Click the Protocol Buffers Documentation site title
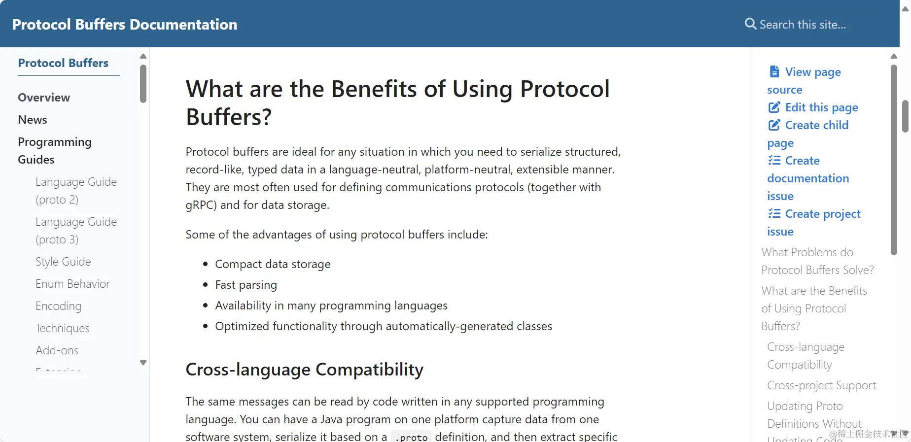(125, 24)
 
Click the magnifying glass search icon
(750, 24)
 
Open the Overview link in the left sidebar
(44, 98)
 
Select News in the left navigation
(33, 120)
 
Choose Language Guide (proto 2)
(76, 191)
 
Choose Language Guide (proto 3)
(76, 231)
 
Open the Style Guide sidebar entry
(63, 262)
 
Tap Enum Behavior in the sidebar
(72, 284)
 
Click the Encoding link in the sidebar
(58, 306)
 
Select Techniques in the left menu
(63, 328)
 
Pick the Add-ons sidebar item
(57, 350)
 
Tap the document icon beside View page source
(774, 71)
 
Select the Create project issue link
(814, 223)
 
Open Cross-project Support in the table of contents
(822, 385)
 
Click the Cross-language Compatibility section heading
(305, 370)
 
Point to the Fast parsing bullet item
(246, 285)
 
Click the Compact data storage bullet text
(273, 264)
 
